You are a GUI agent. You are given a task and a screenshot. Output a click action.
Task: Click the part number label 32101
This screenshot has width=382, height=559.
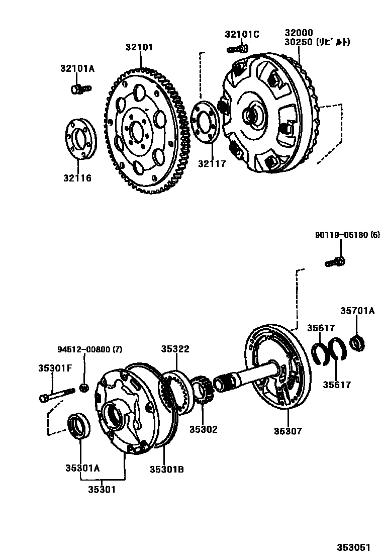140,48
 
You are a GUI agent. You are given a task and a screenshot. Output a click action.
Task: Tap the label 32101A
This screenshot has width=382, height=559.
77,68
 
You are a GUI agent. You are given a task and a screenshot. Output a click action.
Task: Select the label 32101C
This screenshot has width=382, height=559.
242,34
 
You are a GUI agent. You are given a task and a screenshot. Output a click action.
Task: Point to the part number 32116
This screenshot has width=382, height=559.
77,177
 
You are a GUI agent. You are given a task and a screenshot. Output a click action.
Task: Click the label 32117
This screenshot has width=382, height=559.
212,163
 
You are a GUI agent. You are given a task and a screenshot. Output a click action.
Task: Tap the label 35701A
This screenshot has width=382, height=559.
357,311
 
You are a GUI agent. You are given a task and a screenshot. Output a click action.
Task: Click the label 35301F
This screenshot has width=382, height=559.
55,367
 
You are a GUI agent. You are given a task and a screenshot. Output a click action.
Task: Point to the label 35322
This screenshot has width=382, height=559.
175,349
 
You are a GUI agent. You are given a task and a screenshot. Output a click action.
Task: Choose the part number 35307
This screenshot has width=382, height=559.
288,430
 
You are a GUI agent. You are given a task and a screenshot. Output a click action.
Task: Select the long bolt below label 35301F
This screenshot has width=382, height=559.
56,394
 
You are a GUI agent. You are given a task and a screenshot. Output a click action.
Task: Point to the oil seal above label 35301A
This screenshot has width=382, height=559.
79,425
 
